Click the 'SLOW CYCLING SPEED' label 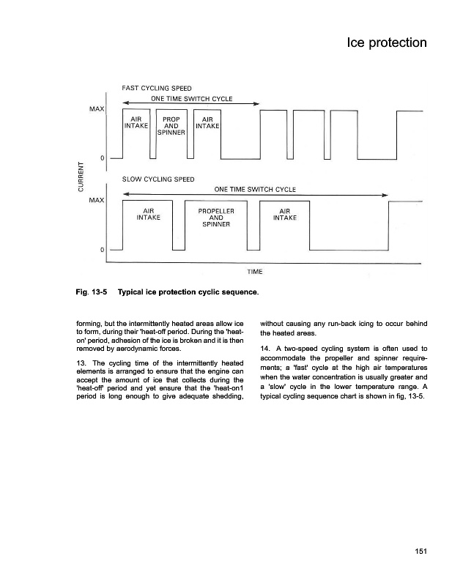click(158, 179)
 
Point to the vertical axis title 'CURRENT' click(81, 179)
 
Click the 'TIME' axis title click(255, 272)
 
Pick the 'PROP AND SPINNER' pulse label click(171, 125)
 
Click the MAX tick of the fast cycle click(96, 110)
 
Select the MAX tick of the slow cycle click(96, 199)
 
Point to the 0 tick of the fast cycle click(102, 158)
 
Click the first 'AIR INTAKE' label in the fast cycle click(136, 122)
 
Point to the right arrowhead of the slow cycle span click(385, 195)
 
